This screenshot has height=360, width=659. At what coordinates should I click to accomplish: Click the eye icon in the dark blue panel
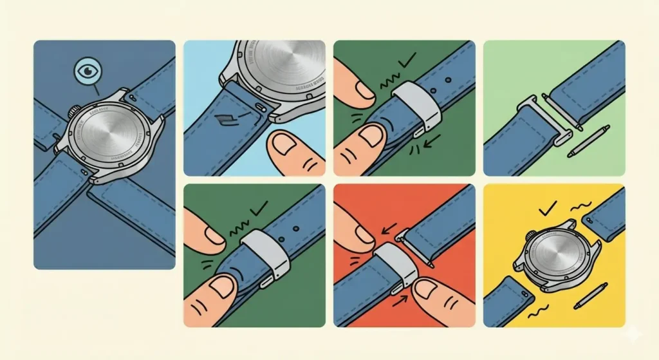coord(84,69)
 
